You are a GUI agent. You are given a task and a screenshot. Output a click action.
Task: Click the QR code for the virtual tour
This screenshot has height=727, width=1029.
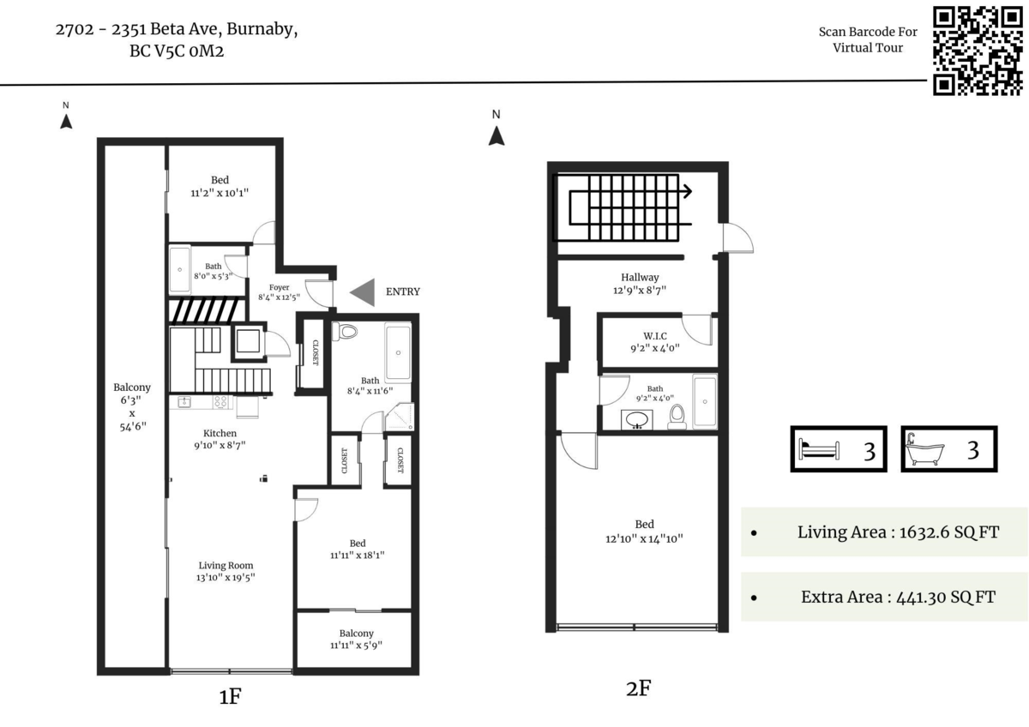click(x=977, y=50)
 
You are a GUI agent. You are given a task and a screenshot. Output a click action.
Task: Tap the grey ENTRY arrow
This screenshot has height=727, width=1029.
click(x=364, y=291)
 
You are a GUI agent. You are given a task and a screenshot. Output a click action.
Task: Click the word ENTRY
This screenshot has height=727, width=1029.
click(x=403, y=291)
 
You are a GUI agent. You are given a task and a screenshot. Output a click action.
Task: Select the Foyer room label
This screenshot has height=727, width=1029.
click(x=279, y=287)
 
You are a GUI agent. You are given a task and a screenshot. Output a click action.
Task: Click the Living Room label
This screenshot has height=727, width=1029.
click(x=226, y=565)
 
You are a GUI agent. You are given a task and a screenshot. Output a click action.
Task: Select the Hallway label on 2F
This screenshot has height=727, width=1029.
click(x=640, y=277)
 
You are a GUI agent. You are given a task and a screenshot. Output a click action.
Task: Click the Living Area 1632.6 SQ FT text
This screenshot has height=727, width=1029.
click(x=898, y=532)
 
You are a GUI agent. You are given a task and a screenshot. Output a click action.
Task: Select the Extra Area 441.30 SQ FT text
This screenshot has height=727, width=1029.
click(x=898, y=597)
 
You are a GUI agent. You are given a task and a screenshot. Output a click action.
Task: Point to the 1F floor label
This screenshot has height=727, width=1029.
click(x=229, y=697)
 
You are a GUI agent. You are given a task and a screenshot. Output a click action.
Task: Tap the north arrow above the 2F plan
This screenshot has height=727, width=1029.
click(x=496, y=135)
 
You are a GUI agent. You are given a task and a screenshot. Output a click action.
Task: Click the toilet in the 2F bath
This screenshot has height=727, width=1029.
click(x=677, y=415)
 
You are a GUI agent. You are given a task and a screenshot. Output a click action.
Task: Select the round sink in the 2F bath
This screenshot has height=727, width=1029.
click(x=636, y=420)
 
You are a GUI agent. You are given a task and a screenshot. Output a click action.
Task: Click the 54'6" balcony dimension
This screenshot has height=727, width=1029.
click(x=131, y=427)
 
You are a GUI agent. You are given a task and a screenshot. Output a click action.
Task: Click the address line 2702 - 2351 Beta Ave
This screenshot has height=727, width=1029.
click(x=177, y=30)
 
